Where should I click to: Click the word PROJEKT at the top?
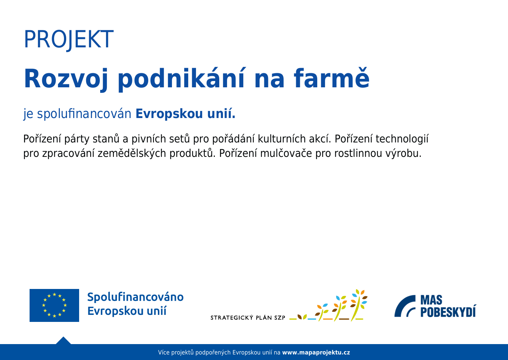pyautogui.click(x=69, y=39)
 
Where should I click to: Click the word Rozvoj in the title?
pyautogui.click(x=66, y=79)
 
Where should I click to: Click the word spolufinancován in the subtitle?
pyautogui.click(x=84, y=114)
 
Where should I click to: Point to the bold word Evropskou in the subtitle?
pyautogui.click(x=169, y=114)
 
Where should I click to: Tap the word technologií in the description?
pyautogui.click(x=402, y=139)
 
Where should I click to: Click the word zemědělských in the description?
pyautogui.click(x=132, y=153)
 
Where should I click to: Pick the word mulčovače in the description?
pyautogui.click(x=286, y=153)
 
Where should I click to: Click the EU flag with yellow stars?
pyautogui.click(x=54, y=305)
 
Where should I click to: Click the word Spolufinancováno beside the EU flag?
pyautogui.click(x=135, y=297)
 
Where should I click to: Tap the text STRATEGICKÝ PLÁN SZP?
pyautogui.click(x=248, y=317)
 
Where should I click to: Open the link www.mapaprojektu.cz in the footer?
pyautogui.click(x=316, y=353)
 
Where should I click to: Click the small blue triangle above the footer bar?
pyautogui.click(x=63, y=341)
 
